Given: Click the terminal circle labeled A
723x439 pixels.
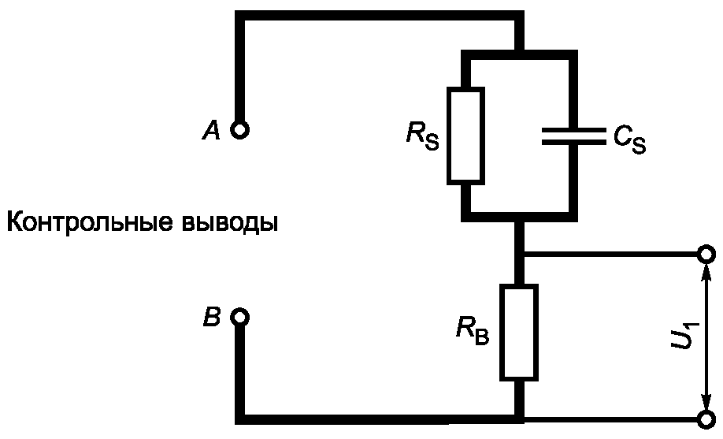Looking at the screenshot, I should [240, 129].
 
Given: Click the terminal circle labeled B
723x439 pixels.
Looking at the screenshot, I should [240, 318].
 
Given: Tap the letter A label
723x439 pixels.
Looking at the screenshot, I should [210, 131].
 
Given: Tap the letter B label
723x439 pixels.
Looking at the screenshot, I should [211, 318].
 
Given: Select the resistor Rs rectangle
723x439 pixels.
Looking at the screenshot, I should [465, 135].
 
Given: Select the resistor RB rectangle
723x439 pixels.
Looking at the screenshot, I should [518, 331].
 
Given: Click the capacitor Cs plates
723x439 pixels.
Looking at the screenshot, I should [571, 135].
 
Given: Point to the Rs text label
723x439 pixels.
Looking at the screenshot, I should [421, 136].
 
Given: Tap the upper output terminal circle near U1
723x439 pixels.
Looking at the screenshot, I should [706, 255].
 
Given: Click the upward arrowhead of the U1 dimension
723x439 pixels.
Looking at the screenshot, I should [706, 273].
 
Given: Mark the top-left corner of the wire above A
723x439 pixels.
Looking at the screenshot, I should [240, 17].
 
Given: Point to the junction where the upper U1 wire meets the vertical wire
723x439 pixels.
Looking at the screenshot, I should [518, 255].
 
